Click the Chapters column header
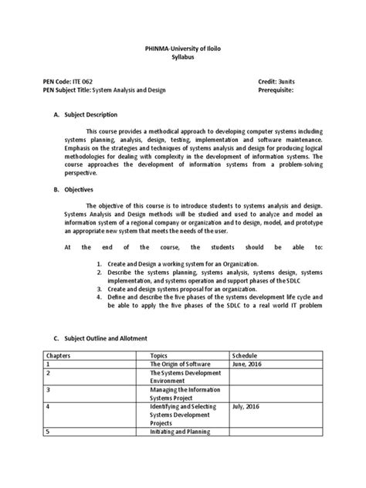tap(61, 354)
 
